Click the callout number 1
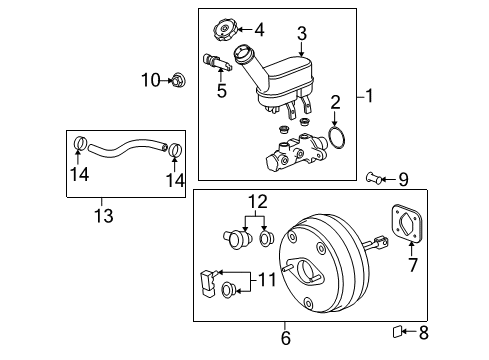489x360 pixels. [371, 97]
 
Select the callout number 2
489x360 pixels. [337, 101]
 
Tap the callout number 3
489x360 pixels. [301, 35]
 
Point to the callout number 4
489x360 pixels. [258, 29]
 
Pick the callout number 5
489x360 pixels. [222, 89]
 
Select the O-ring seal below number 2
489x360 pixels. [337, 136]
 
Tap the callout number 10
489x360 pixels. [149, 79]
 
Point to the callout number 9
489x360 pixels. [403, 180]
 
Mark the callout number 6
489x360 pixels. [286, 338]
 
